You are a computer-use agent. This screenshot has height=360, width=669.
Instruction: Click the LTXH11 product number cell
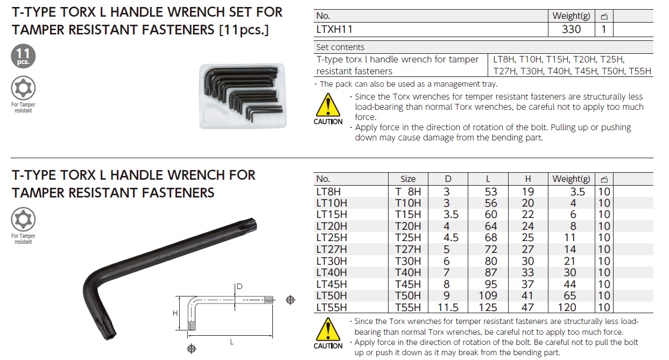pos(335,29)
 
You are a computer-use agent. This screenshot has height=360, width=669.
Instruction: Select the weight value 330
pos(571,29)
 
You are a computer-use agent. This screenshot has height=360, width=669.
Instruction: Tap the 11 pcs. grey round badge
pos(23,56)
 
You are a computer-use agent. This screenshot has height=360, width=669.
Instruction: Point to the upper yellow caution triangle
pos(328,106)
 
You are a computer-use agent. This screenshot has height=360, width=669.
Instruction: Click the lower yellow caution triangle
pos(328,330)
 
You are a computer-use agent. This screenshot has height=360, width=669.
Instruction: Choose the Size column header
pos(408,179)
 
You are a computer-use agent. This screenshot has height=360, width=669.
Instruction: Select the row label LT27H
pos(332,249)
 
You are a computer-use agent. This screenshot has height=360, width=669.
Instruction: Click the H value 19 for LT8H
pos(528,192)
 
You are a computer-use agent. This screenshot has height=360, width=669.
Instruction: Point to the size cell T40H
pos(408,272)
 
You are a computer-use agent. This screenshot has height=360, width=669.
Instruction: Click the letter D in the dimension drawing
pos(238,286)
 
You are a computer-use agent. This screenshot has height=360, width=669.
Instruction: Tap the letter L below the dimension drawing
pos(231,341)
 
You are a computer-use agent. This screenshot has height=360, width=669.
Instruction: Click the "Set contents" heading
pos(340,47)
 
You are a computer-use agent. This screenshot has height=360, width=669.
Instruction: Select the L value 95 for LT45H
pos(490,284)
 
